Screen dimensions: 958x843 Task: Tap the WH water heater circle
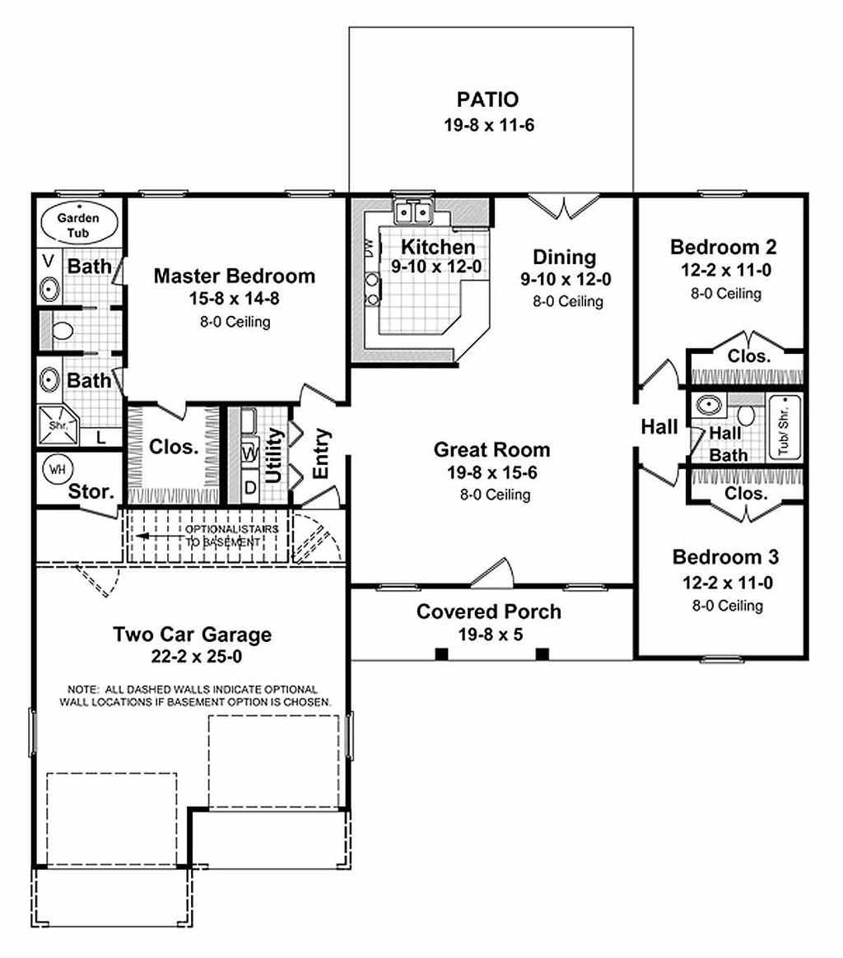pyautogui.click(x=57, y=469)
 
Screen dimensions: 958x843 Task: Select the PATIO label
pyautogui.click(x=487, y=100)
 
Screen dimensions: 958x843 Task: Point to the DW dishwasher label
pyautogui.click(x=368, y=245)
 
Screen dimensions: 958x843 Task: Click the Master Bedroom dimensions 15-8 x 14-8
pyautogui.click(x=234, y=299)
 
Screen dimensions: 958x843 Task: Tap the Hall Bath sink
pyautogui.click(x=709, y=405)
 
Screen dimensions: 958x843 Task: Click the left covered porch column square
pyautogui.click(x=441, y=654)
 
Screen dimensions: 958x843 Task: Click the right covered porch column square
pyautogui.click(x=543, y=654)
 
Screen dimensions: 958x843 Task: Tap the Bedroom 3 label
pyautogui.click(x=725, y=557)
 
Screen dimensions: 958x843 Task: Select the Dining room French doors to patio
pyautogui.click(x=560, y=207)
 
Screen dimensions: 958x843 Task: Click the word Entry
pyautogui.click(x=321, y=453)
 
